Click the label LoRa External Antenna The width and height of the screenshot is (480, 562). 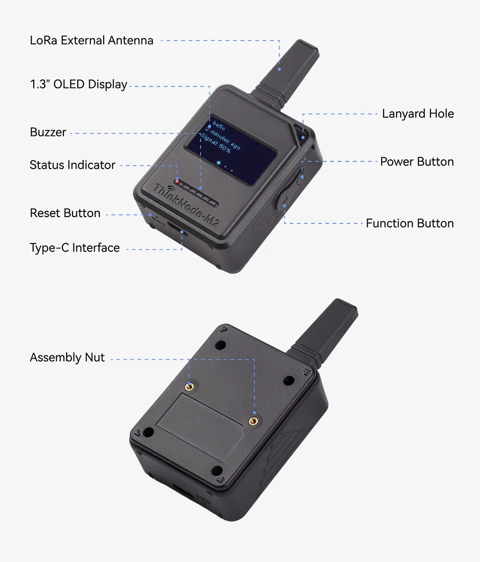pyautogui.click(x=92, y=40)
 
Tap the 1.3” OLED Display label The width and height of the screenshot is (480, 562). pyautogui.click(x=78, y=85)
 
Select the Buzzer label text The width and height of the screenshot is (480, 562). pyautogui.click(x=48, y=132)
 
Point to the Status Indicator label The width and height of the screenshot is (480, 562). pyautogui.click(x=72, y=165)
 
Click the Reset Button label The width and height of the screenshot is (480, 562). pyautogui.click(x=65, y=213)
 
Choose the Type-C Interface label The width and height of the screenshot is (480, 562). pyautogui.click(x=75, y=248)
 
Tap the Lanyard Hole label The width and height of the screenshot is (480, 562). pyautogui.click(x=418, y=114)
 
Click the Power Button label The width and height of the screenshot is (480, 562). pyautogui.click(x=417, y=162)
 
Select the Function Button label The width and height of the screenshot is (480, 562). pyautogui.click(x=409, y=223)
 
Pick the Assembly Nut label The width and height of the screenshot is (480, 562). pyautogui.click(x=67, y=358)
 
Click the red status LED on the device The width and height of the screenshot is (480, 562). pyautogui.click(x=177, y=182)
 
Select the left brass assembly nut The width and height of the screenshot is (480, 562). pyautogui.click(x=190, y=385)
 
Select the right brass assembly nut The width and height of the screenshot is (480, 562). pyautogui.click(x=252, y=421)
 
